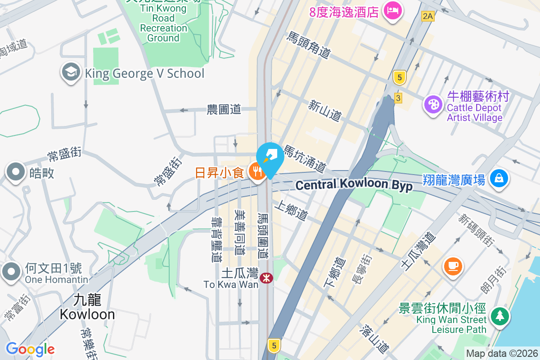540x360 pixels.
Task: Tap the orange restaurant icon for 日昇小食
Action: pos(257,173)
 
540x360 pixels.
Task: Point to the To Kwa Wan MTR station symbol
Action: pos(266,278)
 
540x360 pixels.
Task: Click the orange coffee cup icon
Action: pos(453,265)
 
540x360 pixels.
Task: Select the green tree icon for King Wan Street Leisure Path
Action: pos(499,316)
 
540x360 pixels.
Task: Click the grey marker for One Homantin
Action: pos(11,272)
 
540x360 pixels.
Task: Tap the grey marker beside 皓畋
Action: pos(16,172)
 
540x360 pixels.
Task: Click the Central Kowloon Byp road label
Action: pos(354,185)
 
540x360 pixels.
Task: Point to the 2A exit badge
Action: pos(427,17)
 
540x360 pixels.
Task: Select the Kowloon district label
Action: pos(87,307)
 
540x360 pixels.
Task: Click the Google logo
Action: pos(30,349)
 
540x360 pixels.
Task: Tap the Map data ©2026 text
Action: pos(502,353)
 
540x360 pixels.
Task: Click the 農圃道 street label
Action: pos(224,109)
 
